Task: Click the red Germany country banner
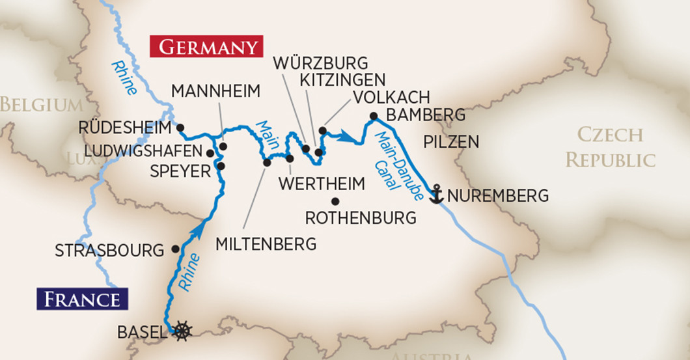206,48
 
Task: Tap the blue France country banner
82,299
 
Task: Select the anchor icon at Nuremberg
436,195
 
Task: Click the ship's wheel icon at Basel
182,331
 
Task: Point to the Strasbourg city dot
174,249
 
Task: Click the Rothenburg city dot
335,201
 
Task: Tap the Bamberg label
426,115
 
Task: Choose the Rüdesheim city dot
180,127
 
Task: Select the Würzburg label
320,63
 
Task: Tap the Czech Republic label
610,148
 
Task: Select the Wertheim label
322,184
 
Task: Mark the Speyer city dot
221,166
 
